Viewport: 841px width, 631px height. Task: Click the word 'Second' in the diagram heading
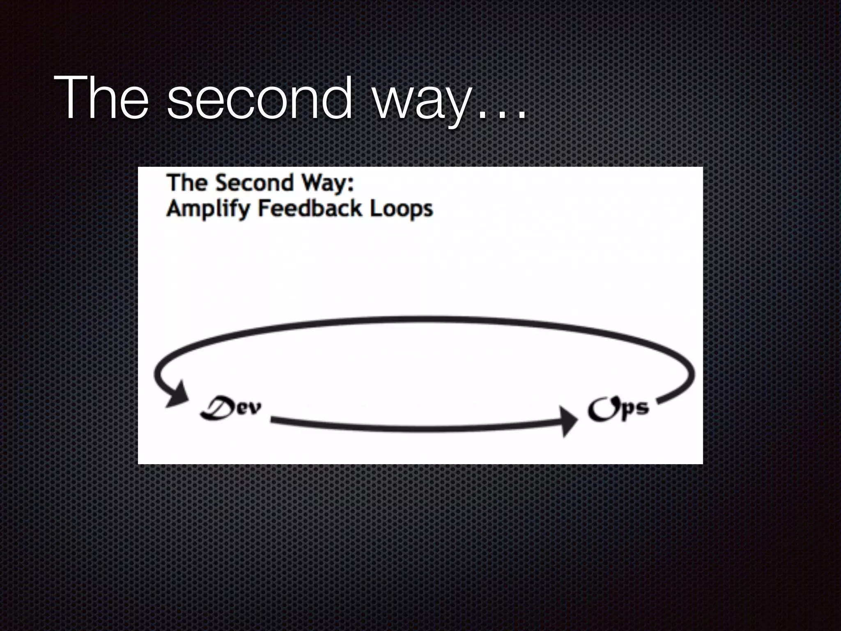point(254,182)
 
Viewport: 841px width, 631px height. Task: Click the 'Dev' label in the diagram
point(231,408)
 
